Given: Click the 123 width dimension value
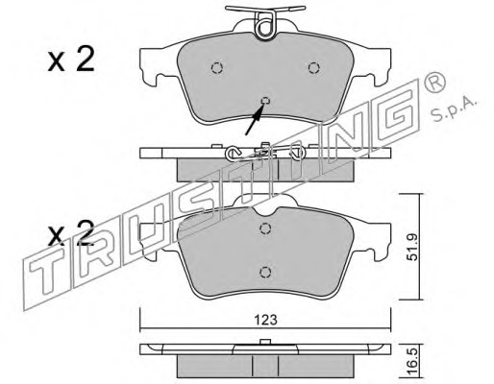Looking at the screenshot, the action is coord(265,320).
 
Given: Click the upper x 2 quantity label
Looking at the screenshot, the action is coord(71,60).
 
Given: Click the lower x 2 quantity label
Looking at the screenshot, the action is coord(71,233).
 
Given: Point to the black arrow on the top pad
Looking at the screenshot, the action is coord(255,120).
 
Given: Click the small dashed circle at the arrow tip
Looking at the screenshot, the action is coord(265,101).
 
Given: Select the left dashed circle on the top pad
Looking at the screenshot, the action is coord(217,68).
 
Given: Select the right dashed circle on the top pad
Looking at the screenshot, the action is coord(314,68).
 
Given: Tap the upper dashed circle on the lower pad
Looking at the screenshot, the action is coord(265,228).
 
